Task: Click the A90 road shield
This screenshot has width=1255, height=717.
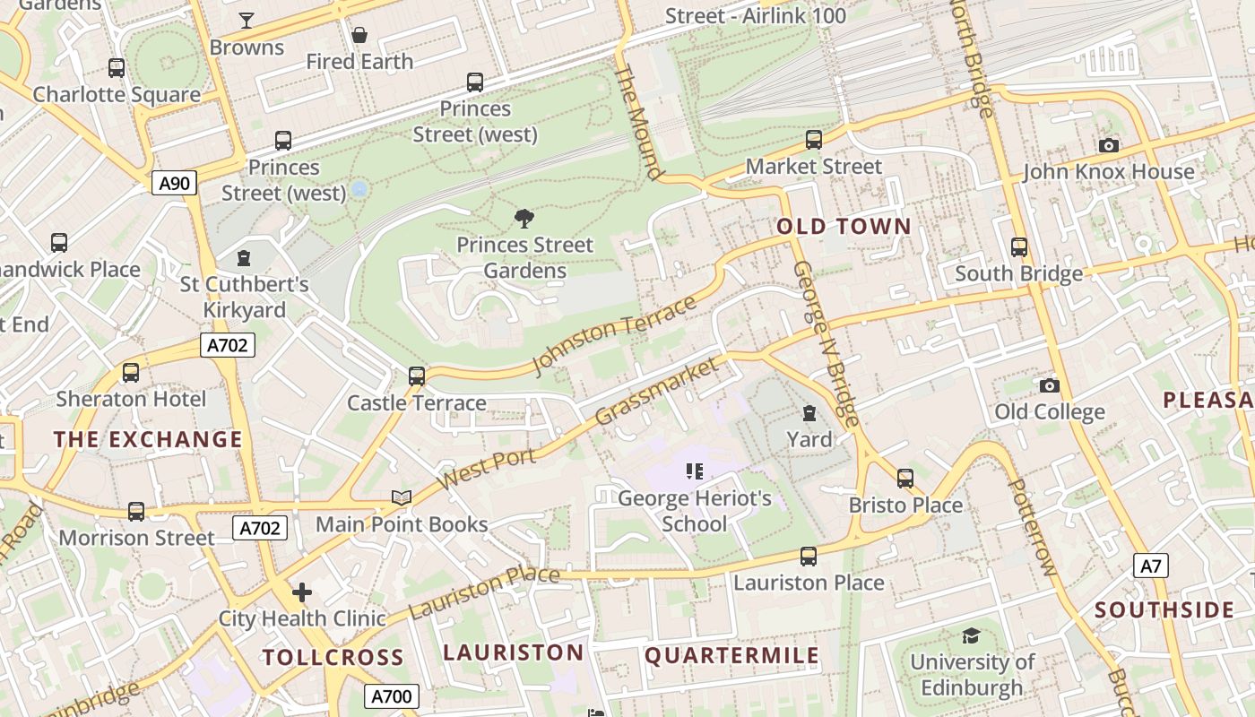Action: click(x=174, y=184)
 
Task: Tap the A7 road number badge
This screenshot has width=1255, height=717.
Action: click(x=1151, y=566)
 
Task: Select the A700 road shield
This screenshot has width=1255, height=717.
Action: click(x=391, y=696)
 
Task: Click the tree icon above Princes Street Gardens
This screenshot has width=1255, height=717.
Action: click(x=524, y=219)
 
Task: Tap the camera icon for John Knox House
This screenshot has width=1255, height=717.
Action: click(x=1109, y=145)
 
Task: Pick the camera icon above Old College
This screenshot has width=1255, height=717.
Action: click(x=1050, y=385)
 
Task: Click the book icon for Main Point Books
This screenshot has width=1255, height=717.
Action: click(x=402, y=497)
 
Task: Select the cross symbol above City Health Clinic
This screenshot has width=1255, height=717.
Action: click(x=302, y=592)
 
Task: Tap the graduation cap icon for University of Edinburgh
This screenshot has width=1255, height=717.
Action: click(x=971, y=636)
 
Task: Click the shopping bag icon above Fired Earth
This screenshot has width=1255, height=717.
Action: click(x=359, y=35)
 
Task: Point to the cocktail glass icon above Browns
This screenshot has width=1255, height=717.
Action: click(x=247, y=21)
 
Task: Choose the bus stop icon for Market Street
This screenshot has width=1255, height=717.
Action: click(x=814, y=140)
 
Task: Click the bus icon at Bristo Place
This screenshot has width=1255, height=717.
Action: click(x=905, y=479)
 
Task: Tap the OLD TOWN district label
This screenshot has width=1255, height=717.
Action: click(x=844, y=226)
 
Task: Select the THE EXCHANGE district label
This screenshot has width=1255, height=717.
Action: click(x=148, y=439)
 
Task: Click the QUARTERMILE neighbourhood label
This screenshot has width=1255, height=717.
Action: click(x=731, y=655)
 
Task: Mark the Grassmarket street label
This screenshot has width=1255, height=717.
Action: click(x=657, y=392)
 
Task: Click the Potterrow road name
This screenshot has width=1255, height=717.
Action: click(x=1033, y=527)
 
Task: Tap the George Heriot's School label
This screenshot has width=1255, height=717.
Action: click(x=695, y=511)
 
